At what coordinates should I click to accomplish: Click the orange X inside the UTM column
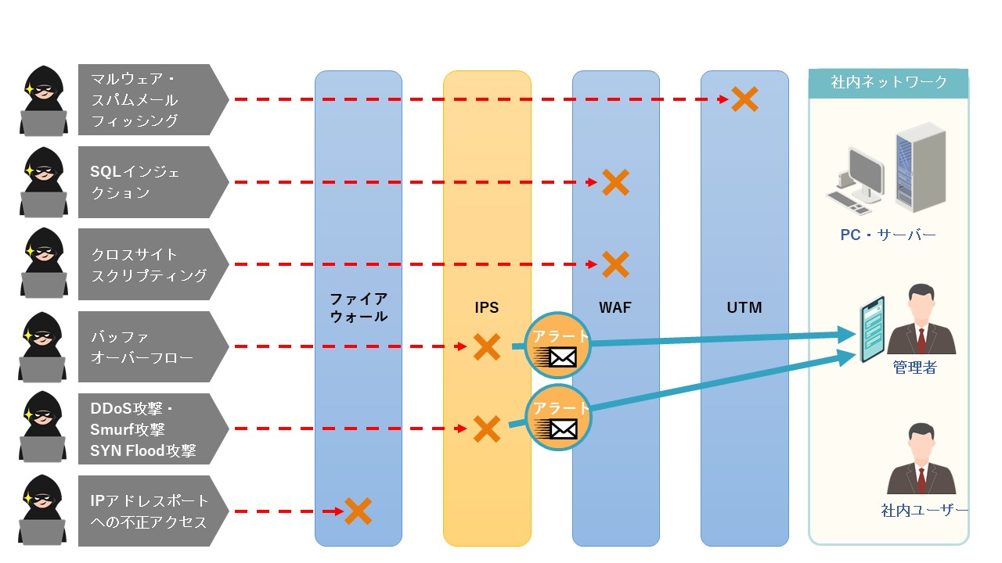point(744,99)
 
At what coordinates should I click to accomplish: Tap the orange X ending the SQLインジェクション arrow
point(615,182)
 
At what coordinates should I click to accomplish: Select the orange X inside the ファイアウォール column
point(358,511)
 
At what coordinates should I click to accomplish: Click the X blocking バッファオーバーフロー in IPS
point(487,346)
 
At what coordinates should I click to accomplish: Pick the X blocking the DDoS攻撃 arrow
point(487,429)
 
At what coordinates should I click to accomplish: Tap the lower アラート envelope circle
point(558,418)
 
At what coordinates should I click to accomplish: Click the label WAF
point(615,307)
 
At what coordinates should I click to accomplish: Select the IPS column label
point(487,307)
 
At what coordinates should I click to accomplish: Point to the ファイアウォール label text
point(359,307)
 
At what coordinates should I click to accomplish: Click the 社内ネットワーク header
point(888,82)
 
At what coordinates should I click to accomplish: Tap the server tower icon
point(920,167)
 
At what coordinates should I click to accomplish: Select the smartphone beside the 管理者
point(871,329)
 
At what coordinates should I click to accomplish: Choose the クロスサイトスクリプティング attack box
point(149,264)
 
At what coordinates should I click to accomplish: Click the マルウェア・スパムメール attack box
point(149,99)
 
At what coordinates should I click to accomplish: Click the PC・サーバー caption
point(888,235)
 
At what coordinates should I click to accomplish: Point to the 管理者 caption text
point(914,367)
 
